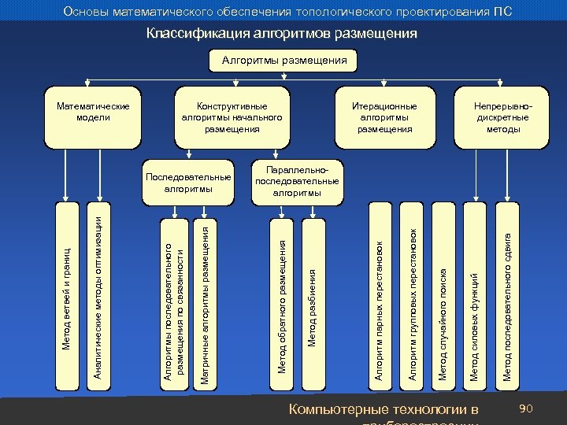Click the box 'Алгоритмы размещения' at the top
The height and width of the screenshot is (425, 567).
[x=284, y=61]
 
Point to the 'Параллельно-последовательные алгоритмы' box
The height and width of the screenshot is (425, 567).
[x=297, y=181]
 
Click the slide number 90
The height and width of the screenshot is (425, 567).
[x=528, y=408]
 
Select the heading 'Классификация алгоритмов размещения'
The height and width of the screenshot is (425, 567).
[x=281, y=34]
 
